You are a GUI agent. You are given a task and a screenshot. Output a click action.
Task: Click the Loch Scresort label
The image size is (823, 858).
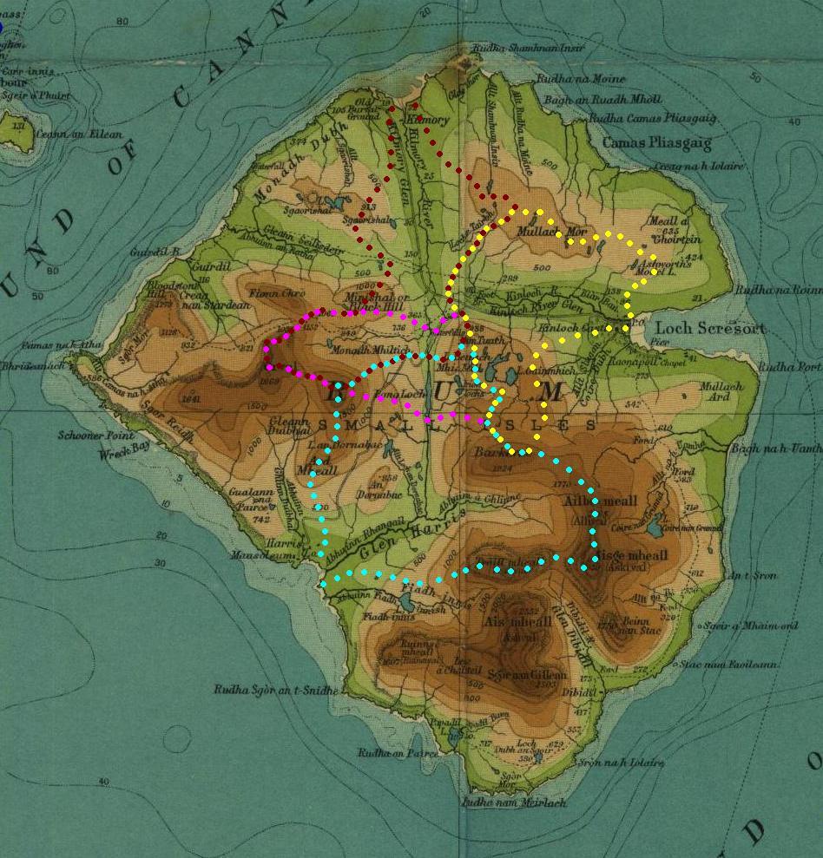[710, 329]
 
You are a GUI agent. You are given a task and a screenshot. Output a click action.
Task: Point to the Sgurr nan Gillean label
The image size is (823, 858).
[527, 675]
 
